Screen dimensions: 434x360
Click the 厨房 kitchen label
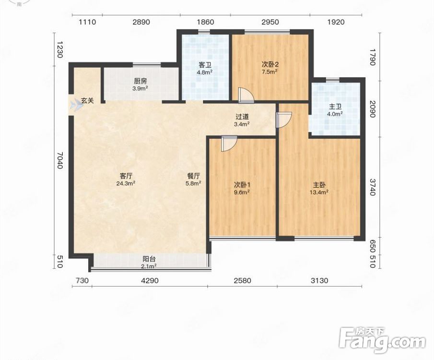pyautogui.click(x=141, y=81)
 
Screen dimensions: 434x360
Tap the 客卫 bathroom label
pyautogui.click(x=205, y=65)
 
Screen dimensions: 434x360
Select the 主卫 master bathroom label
pyautogui.click(x=335, y=107)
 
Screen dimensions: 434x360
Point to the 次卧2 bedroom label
pyautogui.click(x=270, y=65)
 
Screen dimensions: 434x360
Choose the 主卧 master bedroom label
pyautogui.click(x=319, y=185)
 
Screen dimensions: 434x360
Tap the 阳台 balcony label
pyautogui.click(x=149, y=259)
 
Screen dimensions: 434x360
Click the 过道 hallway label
pyautogui.click(x=242, y=117)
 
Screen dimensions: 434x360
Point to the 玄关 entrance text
pyautogui.click(x=87, y=101)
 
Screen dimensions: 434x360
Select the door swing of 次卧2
pyautogui.click(x=246, y=96)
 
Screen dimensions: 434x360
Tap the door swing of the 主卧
pyautogui.click(x=284, y=120)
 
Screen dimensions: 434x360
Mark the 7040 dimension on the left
pyautogui.click(x=60, y=160)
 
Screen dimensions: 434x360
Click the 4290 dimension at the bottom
pyautogui.click(x=150, y=281)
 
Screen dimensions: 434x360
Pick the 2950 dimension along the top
pyautogui.click(x=270, y=22)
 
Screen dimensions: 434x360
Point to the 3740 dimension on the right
pyautogui.click(x=373, y=187)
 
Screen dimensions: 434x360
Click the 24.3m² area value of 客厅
pyautogui.click(x=126, y=183)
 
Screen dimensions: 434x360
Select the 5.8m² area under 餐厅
pyautogui.click(x=193, y=183)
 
